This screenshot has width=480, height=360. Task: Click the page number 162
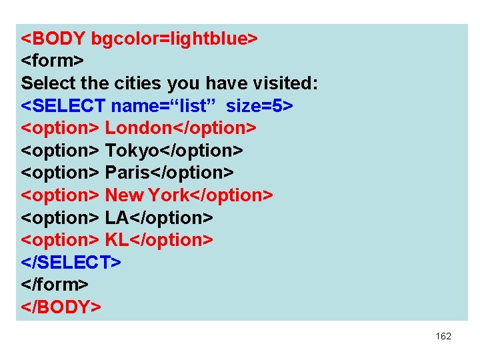[443, 337]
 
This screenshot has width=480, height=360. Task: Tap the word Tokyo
[133, 150]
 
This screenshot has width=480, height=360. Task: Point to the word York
[169, 195]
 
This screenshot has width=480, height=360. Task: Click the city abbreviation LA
[117, 217]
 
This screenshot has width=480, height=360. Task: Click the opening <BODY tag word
[53, 39]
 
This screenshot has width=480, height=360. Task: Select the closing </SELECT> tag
[71, 263]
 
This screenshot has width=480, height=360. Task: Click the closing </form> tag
[55, 285]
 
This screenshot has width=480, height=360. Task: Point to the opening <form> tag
[52, 61]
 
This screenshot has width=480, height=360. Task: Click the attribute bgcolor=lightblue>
[174, 39]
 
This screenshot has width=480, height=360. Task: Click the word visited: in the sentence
[283, 83]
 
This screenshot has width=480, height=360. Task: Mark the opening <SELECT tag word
[63, 105]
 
